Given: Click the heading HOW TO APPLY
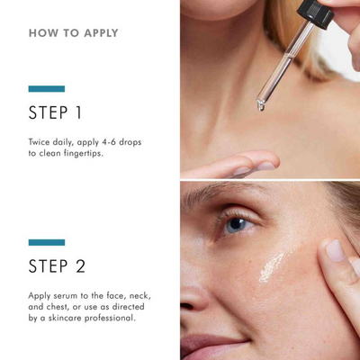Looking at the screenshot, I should click(73, 33).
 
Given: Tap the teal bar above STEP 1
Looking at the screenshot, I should click(47, 88).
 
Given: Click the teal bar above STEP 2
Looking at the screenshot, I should click(47, 242).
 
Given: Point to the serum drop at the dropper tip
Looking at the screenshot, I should click(260, 106).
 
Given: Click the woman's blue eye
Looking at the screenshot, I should click(235, 225).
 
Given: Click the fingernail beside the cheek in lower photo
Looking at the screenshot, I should click(336, 250).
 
